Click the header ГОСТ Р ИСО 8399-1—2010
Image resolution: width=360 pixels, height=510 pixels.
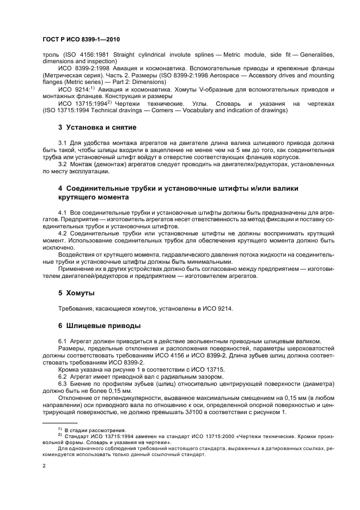[81, 40]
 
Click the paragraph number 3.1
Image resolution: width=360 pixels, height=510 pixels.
[63, 143]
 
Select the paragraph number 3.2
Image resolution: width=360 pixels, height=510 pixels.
[63, 164]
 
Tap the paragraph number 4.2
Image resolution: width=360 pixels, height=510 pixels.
[63, 233]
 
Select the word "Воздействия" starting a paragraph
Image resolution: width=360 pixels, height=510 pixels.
[77, 254]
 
